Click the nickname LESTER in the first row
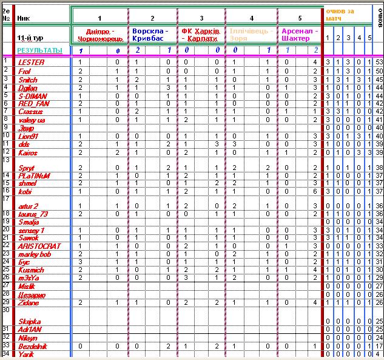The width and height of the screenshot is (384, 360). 31,63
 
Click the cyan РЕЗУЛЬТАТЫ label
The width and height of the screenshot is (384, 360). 39,50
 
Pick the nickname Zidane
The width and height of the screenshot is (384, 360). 29,302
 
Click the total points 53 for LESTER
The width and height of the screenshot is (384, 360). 379,63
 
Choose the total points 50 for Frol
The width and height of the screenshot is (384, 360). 379,71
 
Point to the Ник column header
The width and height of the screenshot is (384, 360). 24,19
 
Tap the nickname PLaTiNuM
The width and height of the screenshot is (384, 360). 34,175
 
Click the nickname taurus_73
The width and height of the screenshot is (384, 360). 33,214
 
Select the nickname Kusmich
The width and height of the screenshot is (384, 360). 31,270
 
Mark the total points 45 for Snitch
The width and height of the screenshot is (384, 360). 379,80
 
